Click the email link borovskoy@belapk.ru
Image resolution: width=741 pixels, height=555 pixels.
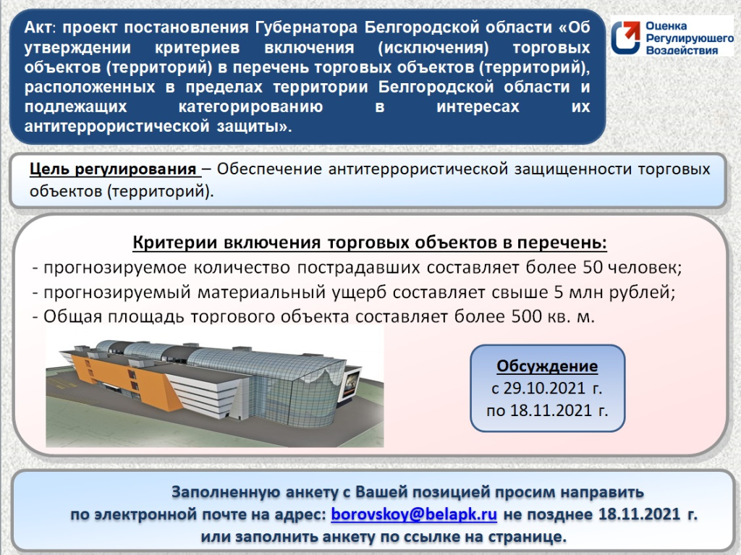[414, 514]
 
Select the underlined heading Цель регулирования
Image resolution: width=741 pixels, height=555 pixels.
[114, 170]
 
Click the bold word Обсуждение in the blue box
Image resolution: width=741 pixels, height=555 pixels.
[547, 365]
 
